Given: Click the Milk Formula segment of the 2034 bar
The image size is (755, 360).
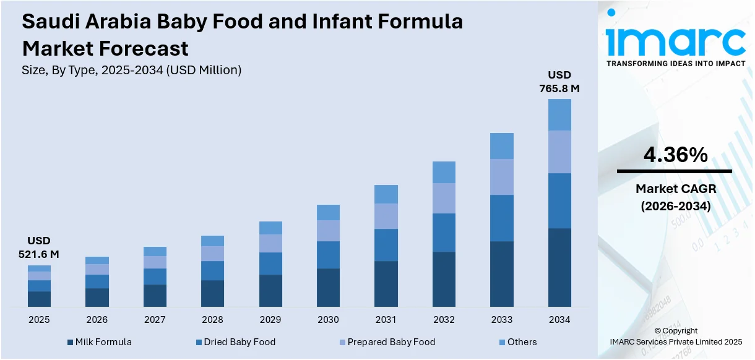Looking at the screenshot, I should tap(559, 267).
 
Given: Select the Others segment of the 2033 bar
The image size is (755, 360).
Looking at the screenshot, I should tap(502, 146).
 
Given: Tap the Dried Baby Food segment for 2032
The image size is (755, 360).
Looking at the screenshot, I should tap(444, 233).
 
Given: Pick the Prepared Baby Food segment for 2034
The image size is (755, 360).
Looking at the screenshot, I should tap(559, 152).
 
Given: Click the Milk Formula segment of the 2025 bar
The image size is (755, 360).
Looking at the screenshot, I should tap(39, 299).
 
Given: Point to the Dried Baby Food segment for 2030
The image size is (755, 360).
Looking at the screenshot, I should tap(328, 255).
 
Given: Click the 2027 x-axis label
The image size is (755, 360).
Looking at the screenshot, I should tap(155, 320).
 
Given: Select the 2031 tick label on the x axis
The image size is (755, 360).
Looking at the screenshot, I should tap(386, 320).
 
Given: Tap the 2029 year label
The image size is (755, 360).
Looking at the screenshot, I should tap(270, 320).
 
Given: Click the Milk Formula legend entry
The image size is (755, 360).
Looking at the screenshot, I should tap(99, 342).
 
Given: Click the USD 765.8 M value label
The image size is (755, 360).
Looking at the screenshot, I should tap(559, 82).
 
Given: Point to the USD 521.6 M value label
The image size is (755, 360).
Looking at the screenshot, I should tap(39, 247).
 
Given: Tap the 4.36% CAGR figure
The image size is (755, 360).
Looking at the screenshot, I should tap(675, 155).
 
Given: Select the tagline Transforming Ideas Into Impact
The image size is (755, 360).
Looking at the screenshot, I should tap(676, 64).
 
